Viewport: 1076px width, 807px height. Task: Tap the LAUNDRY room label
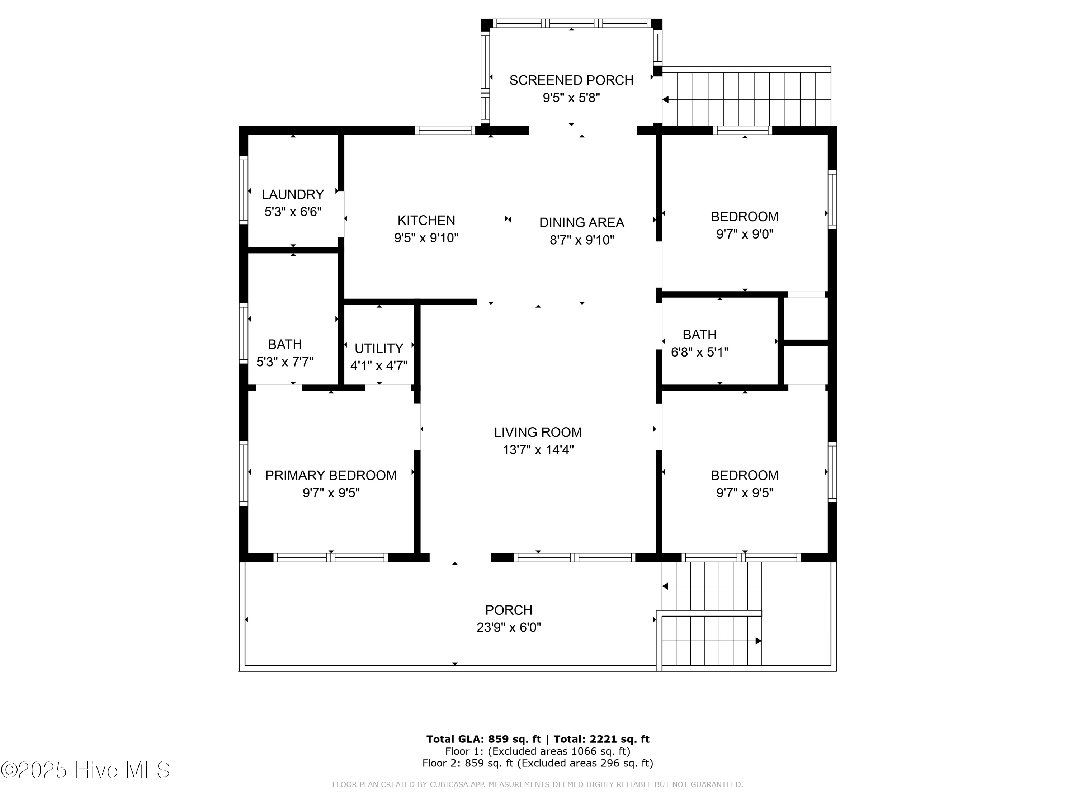[x=292, y=194]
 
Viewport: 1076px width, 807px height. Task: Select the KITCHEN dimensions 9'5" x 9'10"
[x=426, y=238]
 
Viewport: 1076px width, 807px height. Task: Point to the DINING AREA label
[x=581, y=222]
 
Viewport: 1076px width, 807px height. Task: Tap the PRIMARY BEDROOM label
[x=331, y=475]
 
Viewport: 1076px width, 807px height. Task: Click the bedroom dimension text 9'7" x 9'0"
[x=744, y=234]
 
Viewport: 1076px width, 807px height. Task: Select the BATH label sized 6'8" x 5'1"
[x=699, y=335]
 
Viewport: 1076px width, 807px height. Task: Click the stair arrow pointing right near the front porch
[x=758, y=641]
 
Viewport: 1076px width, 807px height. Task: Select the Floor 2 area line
[x=538, y=763]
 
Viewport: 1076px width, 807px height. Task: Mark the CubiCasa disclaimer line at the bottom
[x=538, y=784]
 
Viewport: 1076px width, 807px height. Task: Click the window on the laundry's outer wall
[x=243, y=190]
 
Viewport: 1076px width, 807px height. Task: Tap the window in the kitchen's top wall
[x=445, y=130]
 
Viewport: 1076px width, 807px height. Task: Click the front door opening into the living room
[x=460, y=557]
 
